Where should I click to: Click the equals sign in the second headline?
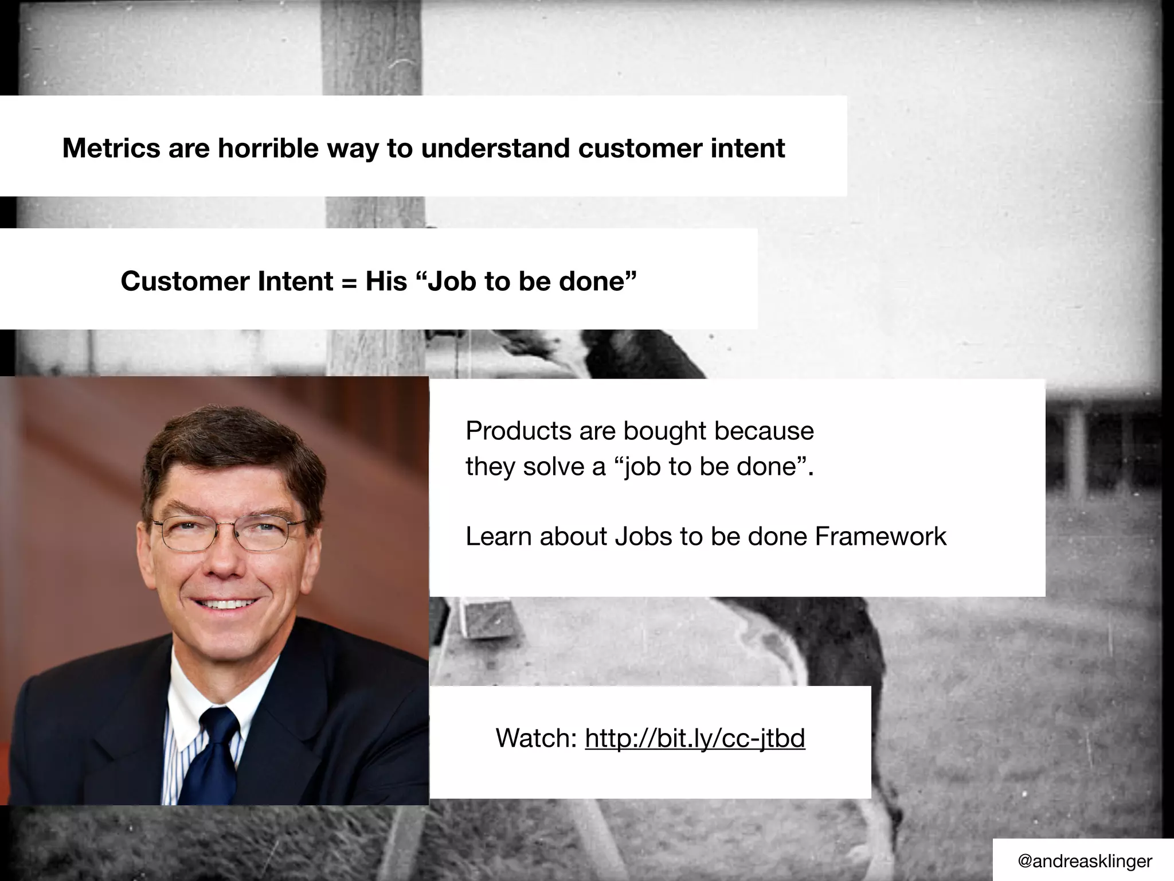349,282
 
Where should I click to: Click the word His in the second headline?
386,281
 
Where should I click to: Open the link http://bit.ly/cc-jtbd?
695,738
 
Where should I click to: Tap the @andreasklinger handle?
1084,861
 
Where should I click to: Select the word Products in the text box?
518,431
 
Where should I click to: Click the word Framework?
880,537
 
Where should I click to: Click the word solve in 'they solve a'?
554,466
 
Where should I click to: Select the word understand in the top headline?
495,148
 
